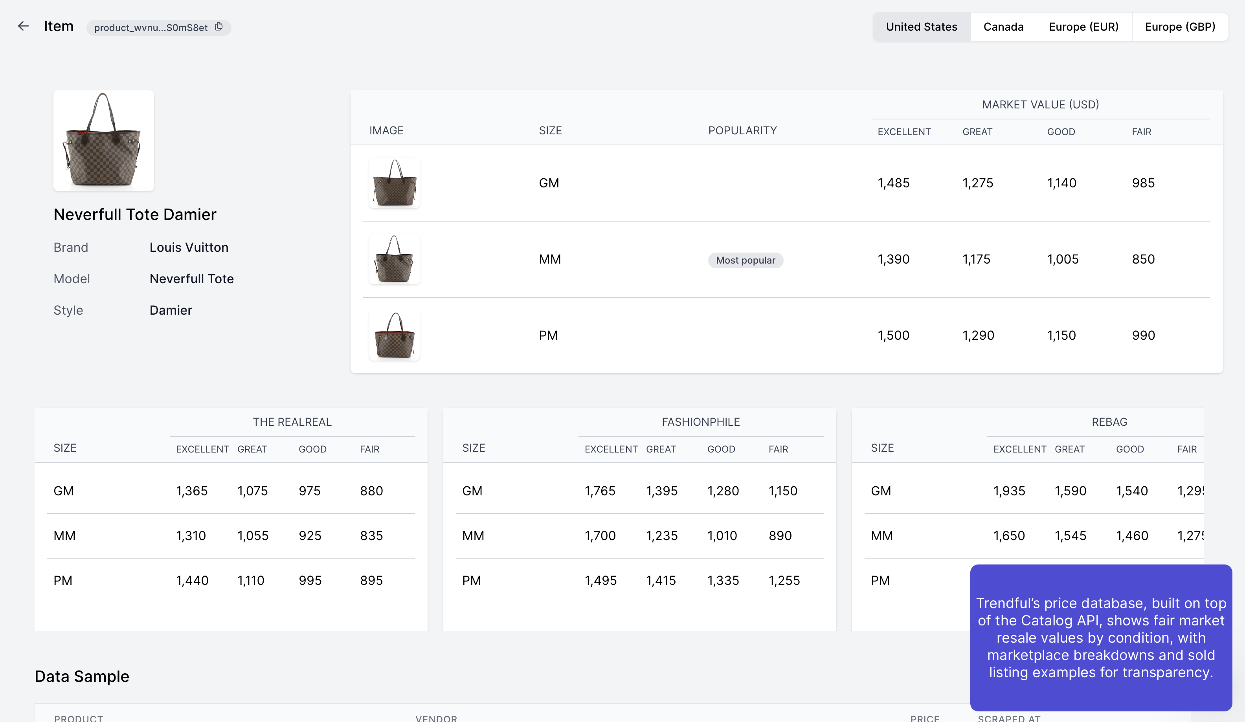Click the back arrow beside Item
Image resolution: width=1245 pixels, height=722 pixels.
[x=23, y=26]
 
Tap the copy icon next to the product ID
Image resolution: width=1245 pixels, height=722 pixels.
[x=219, y=27]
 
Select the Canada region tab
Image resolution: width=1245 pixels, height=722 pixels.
[x=1003, y=27]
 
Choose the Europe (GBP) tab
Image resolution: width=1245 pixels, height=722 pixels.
[x=1180, y=27]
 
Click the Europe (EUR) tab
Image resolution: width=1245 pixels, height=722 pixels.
[x=1083, y=27]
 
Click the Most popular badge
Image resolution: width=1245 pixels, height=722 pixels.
[x=745, y=260]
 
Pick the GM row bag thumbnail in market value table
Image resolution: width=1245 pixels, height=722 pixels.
[x=394, y=183]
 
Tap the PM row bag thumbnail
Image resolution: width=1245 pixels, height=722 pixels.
[x=394, y=335]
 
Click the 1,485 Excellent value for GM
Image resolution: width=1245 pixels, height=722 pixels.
[x=893, y=183]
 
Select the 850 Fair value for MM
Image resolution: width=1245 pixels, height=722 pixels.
[x=1143, y=259]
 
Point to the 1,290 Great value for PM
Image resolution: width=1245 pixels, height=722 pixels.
[x=978, y=335]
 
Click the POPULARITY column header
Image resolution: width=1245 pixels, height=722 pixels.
[x=742, y=130]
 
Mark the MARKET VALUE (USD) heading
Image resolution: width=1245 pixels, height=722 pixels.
[x=1040, y=105]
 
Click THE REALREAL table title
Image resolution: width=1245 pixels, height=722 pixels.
[x=292, y=422]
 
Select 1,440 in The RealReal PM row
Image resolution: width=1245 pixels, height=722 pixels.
[x=192, y=580]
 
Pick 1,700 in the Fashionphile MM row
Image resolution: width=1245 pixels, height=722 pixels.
[x=600, y=536]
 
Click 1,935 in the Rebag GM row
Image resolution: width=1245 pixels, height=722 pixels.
[x=1009, y=491]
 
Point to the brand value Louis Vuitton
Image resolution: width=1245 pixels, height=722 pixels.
[x=189, y=247]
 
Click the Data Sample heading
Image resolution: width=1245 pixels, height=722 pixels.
[x=82, y=676]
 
